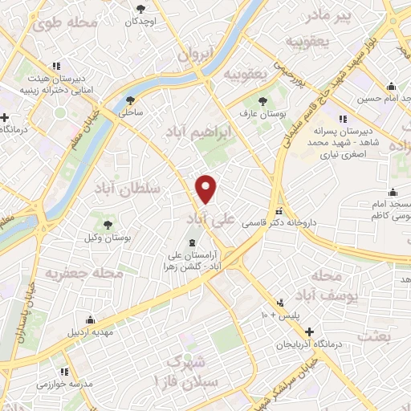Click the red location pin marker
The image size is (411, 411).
pos(206,189)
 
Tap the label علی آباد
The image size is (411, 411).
pos(213,218)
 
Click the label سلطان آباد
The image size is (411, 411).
pos(128,188)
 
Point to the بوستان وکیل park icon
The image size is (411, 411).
pos(108,222)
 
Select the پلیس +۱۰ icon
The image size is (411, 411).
pos(281,303)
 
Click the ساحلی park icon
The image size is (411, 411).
pos(131,100)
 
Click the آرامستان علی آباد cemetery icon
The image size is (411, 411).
pos(191,242)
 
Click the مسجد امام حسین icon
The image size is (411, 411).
pos(391,86)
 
